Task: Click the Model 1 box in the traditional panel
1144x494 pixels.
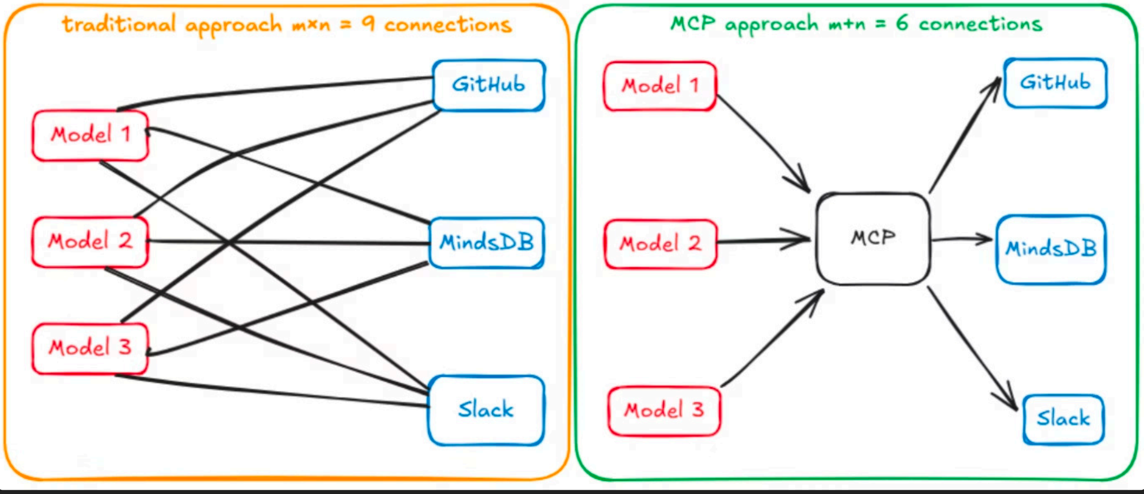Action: pos(90,135)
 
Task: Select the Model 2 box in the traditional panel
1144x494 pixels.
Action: pos(90,242)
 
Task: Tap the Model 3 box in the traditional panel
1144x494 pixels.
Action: pos(90,348)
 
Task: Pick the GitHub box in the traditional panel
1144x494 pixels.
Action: pos(489,85)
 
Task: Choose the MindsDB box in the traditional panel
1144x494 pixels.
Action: pos(486,243)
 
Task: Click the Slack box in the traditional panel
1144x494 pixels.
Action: pos(486,410)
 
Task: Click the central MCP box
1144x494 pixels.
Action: pos(873,239)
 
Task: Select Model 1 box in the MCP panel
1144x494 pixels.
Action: pos(660,86)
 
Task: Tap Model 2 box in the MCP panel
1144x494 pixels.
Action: pos(660,244)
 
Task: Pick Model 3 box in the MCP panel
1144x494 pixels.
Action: pos(664,411)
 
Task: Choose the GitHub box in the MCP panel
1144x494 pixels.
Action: pos(1055,83)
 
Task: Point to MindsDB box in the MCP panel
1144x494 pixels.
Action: pos(1051,249)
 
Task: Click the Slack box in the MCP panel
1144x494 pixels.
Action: pos(1063,419)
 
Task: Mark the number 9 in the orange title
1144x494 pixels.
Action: pos(368,23)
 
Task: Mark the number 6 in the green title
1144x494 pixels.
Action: pos(902,23)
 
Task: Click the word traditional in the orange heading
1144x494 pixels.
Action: pos(118,24)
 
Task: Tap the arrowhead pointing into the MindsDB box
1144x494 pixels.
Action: pos(987,239)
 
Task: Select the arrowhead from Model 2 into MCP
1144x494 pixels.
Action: pos(803,240)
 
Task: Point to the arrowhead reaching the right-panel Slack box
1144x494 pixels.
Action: pos(1013,405)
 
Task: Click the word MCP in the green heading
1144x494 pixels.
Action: pos(693,23)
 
